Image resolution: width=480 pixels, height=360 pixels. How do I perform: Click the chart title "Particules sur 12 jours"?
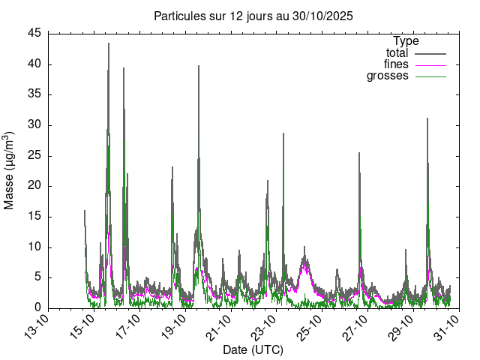253,16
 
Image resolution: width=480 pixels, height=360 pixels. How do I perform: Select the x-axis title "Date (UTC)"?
253,350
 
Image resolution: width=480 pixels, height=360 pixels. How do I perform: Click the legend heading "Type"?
406,41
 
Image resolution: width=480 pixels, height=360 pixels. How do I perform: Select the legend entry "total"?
397,53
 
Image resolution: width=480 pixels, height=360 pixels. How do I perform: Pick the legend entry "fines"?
396,64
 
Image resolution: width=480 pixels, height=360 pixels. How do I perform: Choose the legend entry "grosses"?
388,76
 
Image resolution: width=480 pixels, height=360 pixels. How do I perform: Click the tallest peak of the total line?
109,43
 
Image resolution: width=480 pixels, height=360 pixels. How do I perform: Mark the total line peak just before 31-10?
427,118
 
